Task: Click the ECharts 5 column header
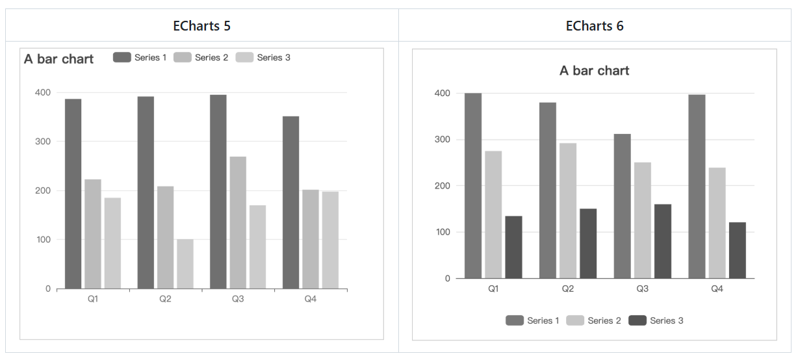(201, 26)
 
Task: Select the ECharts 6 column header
(595, 26)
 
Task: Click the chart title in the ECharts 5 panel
(58, 59)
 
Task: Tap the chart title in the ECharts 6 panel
(594, 71)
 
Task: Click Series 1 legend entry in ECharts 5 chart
(140, 57)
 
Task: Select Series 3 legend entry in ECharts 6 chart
(656, 320)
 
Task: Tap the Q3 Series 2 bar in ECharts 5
(238, 222)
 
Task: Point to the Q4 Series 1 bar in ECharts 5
(290, 202)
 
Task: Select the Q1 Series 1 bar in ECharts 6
(473, 186)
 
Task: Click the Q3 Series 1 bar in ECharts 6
(622, 206)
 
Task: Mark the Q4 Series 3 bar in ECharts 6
(737, 250)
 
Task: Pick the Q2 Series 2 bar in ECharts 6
(568, 211)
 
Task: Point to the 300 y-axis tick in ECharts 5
(43, 142)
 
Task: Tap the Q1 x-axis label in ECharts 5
(93, 299)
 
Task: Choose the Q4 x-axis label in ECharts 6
(717, 289)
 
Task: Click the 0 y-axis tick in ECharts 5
(47, 289)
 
